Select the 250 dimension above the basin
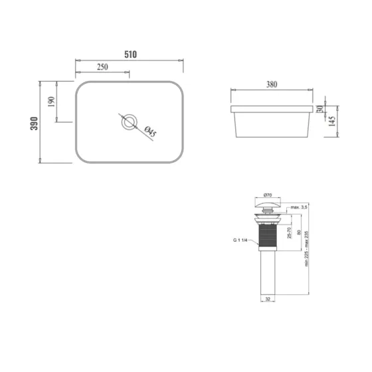coord(102,67)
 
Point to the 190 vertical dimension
coord(51,102)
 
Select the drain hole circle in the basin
coord(129,122)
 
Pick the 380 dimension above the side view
coord(272,84)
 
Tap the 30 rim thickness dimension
coord(320,108)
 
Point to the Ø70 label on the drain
coord(268,195)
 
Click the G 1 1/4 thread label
coord(240,240)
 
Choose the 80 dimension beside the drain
coord(299,232)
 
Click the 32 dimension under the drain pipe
coord(268,300)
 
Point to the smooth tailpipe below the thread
coord(268,276)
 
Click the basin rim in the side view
coord(272,108)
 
